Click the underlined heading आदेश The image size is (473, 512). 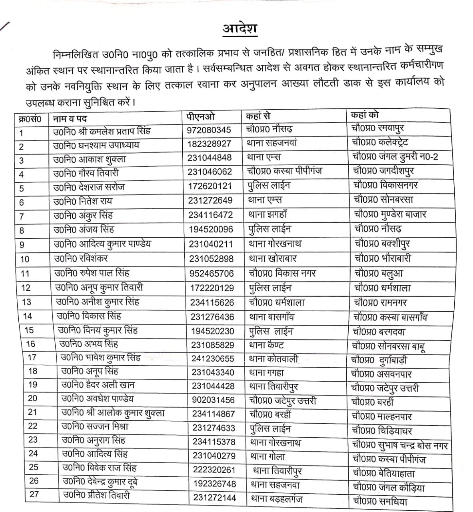pos(240,29)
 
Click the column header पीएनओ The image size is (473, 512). pos(201,116)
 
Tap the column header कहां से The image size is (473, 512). pos(258,116)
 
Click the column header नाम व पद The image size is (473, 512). pos(70,119)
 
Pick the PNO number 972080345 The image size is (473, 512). pos(209,130)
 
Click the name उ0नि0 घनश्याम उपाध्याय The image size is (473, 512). pos(96,145)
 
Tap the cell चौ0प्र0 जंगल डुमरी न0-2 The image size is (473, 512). pos(395,156)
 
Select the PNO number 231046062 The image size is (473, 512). pos(210,172)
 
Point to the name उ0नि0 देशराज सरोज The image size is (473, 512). pos(89,187)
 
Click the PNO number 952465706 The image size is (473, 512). pos(212,273)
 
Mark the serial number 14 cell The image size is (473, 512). pos(28,316)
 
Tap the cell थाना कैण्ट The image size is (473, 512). pos(266,345)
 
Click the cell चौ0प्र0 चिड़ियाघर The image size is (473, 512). pos(382,431)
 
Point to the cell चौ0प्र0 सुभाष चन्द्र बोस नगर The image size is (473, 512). pos(400,445)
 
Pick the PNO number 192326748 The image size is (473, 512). pos(215,484)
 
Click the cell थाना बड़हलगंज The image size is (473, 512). pos(276,499)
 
